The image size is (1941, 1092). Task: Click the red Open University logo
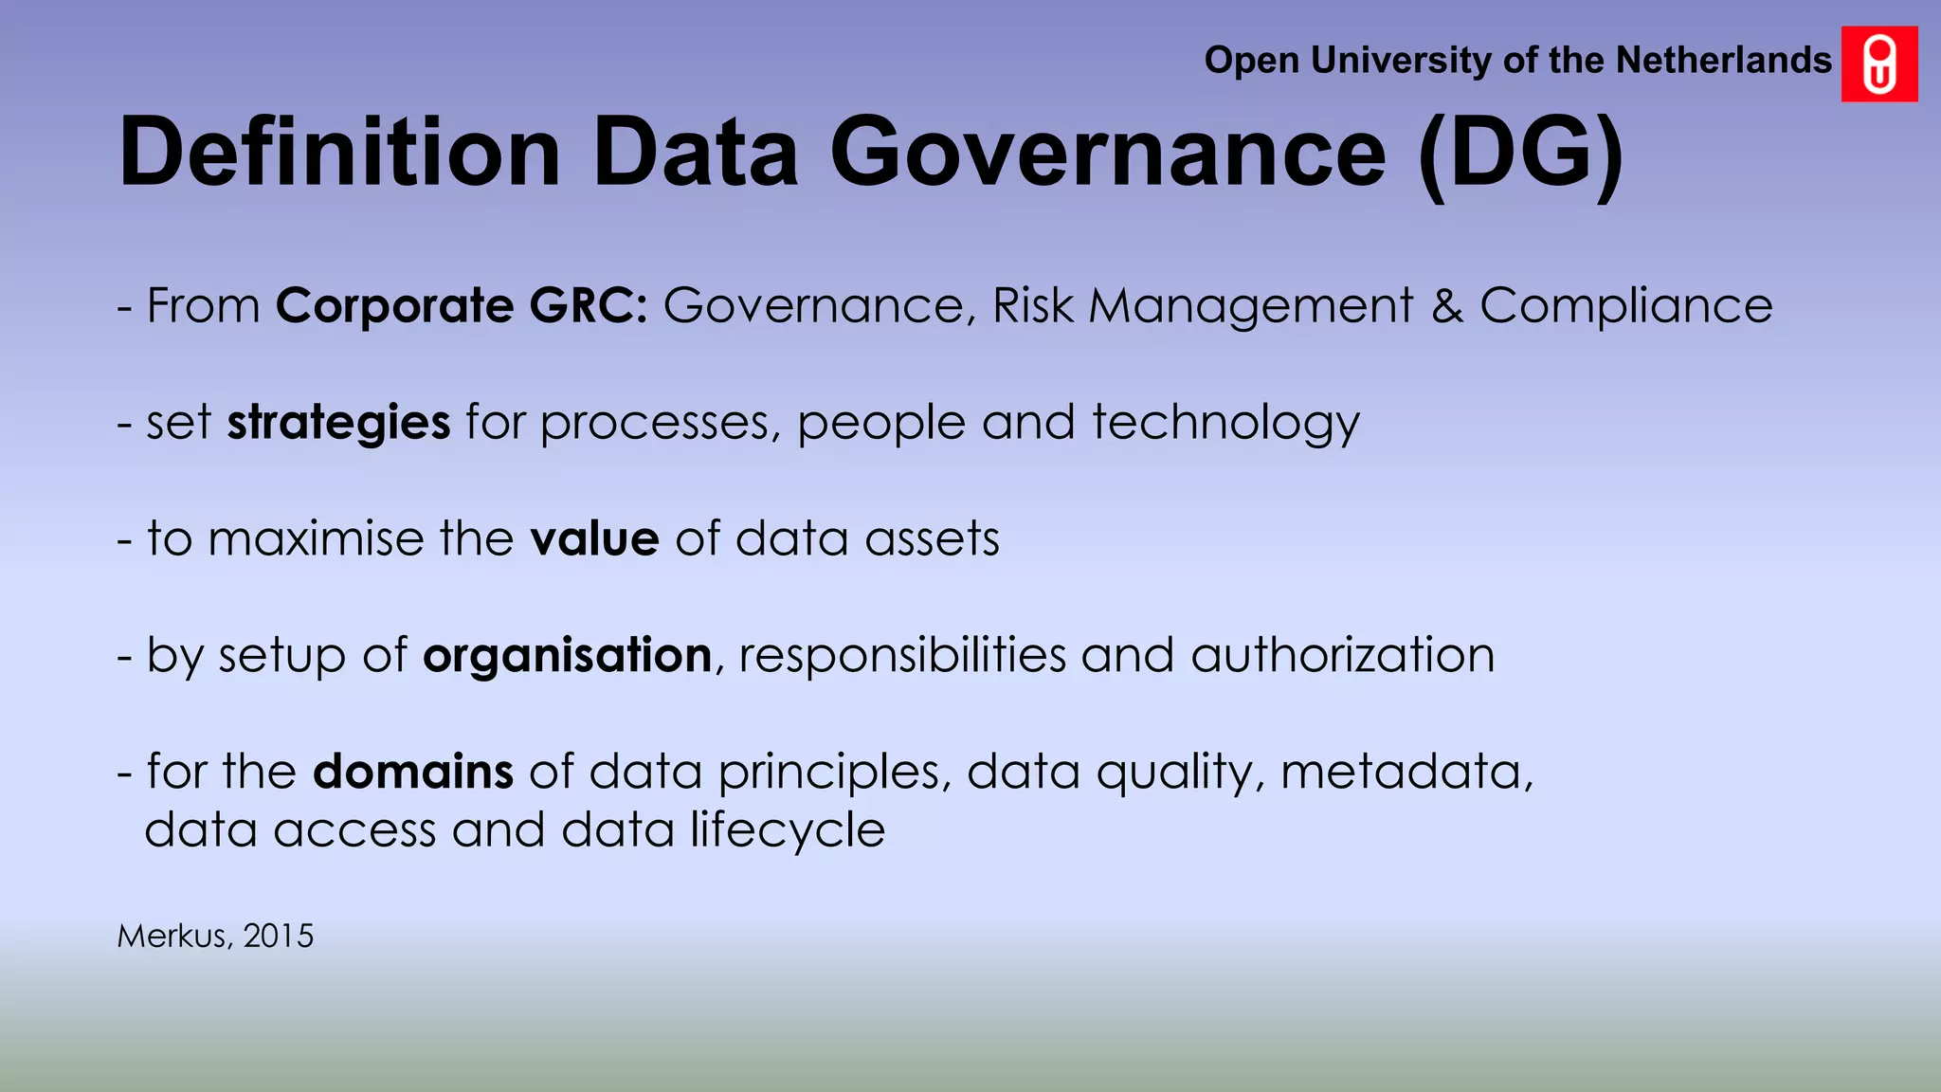(1879, 64)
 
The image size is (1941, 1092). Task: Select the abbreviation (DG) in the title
(1522, 154)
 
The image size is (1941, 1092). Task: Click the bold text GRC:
(589, 306)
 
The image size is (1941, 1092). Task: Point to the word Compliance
(1625, 306)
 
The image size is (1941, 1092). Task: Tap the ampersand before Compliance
(1446, 306)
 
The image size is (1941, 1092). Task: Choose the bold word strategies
(338, 423)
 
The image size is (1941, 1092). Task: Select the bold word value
(594, 539)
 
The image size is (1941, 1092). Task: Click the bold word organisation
(567, 656)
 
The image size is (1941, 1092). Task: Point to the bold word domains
(413, 772)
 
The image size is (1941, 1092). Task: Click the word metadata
(1406, 772)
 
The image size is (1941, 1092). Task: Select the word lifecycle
(787, 830)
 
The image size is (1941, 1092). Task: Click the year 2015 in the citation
(278, 937)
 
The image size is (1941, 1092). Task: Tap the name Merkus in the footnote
(173, 937)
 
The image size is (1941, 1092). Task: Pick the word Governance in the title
(1108, 152)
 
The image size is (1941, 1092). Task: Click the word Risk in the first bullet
(1033, 306)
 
